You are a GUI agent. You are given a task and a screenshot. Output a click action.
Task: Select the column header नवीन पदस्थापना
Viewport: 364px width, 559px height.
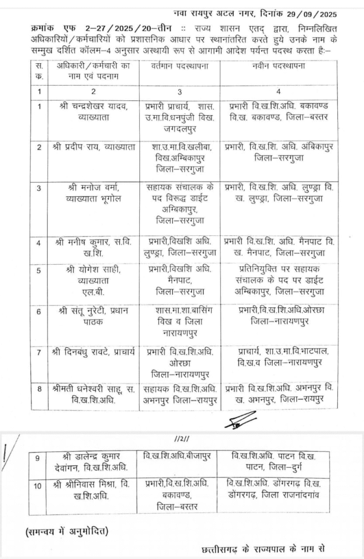275,66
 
